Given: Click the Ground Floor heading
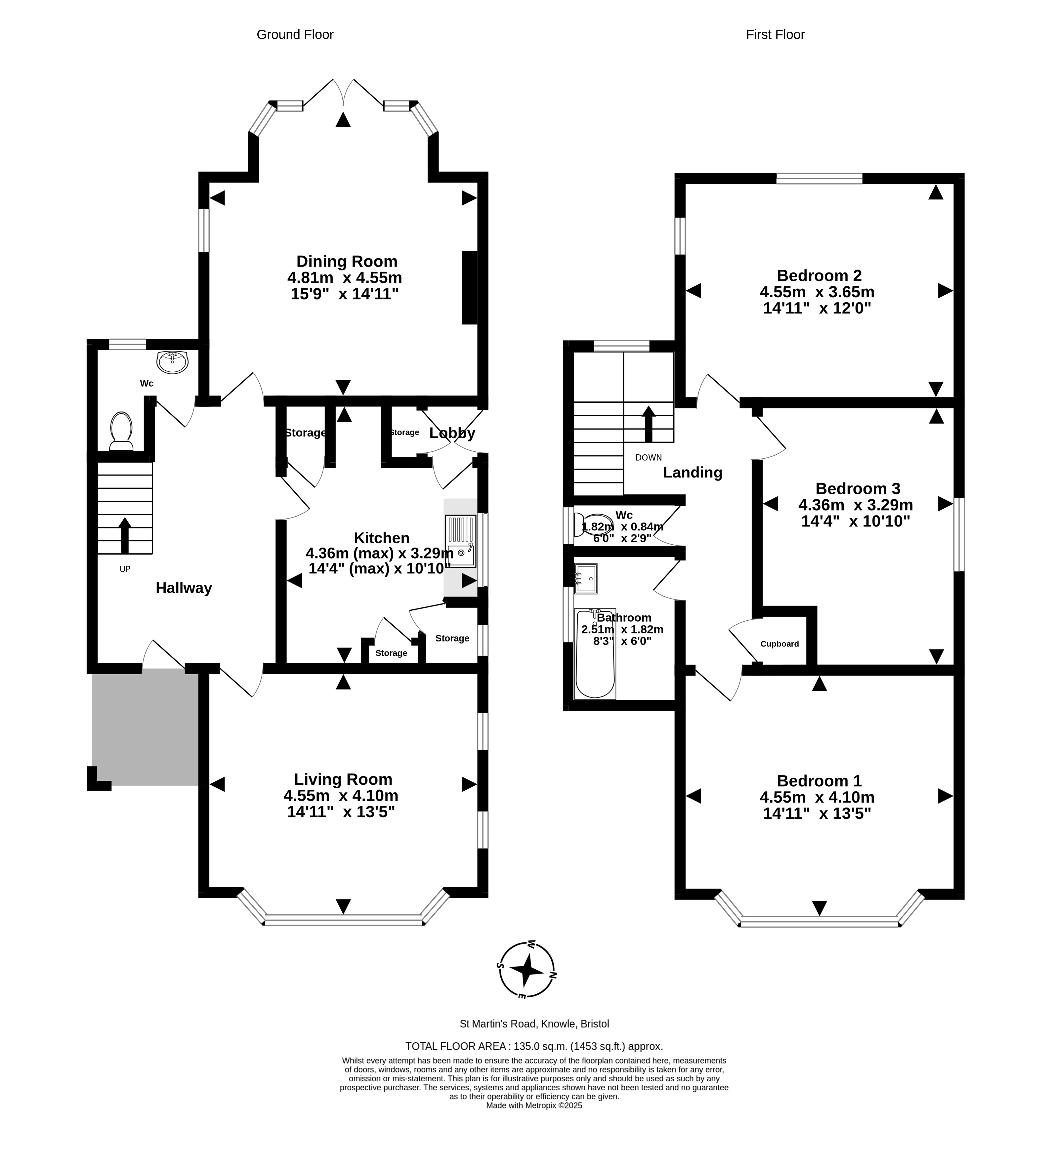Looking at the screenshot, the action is (295, 35).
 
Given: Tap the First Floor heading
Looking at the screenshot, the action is (775, 35).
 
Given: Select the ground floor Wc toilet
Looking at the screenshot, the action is (121, 431).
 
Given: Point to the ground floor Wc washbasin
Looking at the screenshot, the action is (172, 362).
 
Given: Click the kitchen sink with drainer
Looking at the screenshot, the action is (461, 541).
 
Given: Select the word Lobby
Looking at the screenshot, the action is (452, 433).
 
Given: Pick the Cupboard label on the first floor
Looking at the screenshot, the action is (779, 644).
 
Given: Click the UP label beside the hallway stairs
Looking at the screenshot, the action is (125, 569).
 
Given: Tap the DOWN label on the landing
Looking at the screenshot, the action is (649, 457).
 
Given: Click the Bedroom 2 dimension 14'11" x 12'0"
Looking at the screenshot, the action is (817, 308).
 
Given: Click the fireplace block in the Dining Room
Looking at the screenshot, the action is (470, 288).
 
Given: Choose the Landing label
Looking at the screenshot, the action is (693, 473).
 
